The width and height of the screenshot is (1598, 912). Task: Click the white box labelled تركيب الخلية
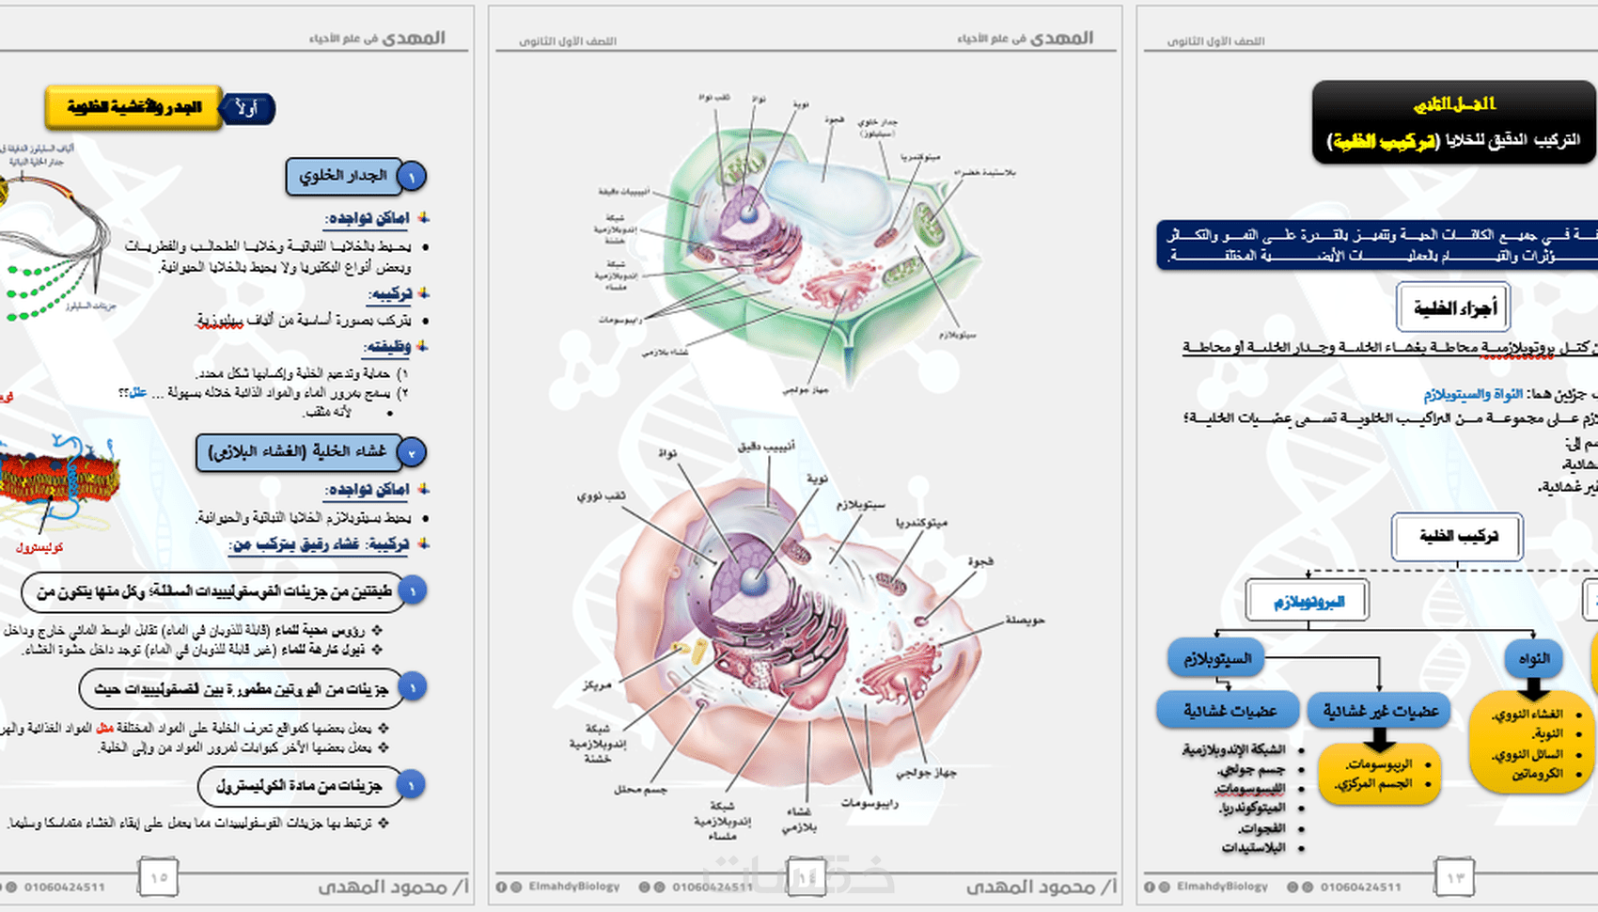click(1457, 537)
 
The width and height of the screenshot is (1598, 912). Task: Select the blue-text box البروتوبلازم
click(1308, 602)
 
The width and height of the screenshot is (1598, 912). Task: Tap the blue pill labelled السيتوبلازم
click(1216, 658)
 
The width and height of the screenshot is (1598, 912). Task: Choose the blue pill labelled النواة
click(1533, 658)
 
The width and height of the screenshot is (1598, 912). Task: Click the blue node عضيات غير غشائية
click(1380, 711)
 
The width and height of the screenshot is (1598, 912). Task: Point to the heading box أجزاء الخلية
click(1453, 307)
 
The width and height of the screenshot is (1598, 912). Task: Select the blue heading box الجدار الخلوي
click(343, 176)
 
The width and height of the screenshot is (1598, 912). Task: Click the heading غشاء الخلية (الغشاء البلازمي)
click(298, 452)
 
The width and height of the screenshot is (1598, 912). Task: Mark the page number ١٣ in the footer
click(1454, 877)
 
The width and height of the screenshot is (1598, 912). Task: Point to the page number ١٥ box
click(158, 877)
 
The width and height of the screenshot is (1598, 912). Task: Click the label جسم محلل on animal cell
click(640, 790)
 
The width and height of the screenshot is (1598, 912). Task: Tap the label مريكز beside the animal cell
click(596, 684)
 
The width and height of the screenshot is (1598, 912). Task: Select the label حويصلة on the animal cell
click(1025, 621)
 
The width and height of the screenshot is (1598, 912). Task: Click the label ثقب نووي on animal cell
click(602, 495)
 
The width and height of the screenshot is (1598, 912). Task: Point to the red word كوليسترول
click(39, 547)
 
